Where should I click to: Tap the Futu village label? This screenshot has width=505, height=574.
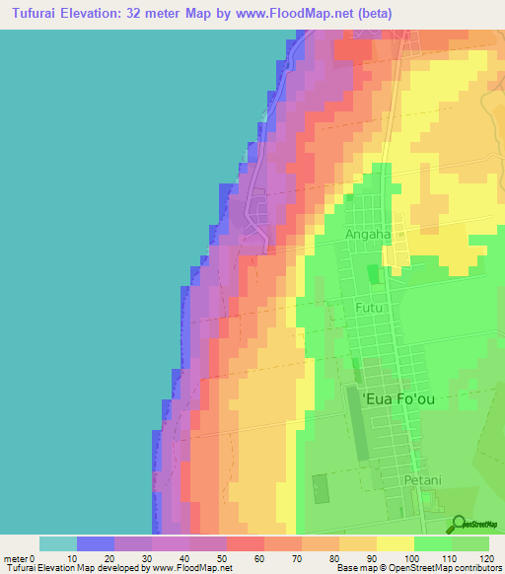pos(367,309)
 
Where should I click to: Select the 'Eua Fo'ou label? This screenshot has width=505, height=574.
pos(398,399)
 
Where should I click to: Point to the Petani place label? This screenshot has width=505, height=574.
pos(420,480)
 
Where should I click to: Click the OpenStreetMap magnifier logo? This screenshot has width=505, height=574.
pos(460,525)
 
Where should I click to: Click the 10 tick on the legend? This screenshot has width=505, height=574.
pos(77,558)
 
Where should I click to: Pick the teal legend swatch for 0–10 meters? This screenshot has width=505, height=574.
pos(58,543)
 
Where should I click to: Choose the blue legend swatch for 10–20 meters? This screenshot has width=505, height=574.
pos(96,543)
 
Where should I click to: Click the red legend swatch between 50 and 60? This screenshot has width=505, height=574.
pos(246,543)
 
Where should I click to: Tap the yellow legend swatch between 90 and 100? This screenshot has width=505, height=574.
pos(396,543)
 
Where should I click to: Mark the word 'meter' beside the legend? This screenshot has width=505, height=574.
pos(17,558)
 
